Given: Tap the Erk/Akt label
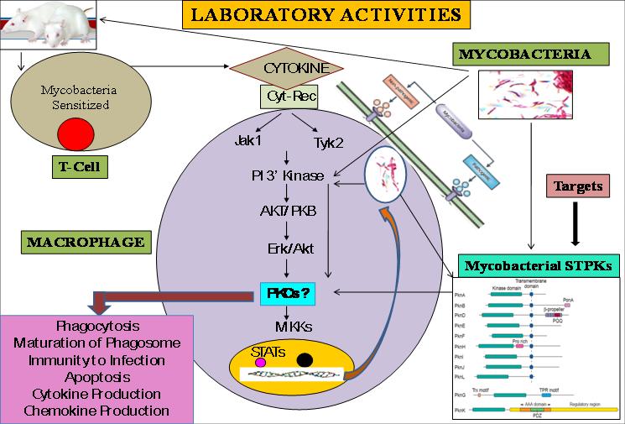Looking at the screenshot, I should coord(288,249).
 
